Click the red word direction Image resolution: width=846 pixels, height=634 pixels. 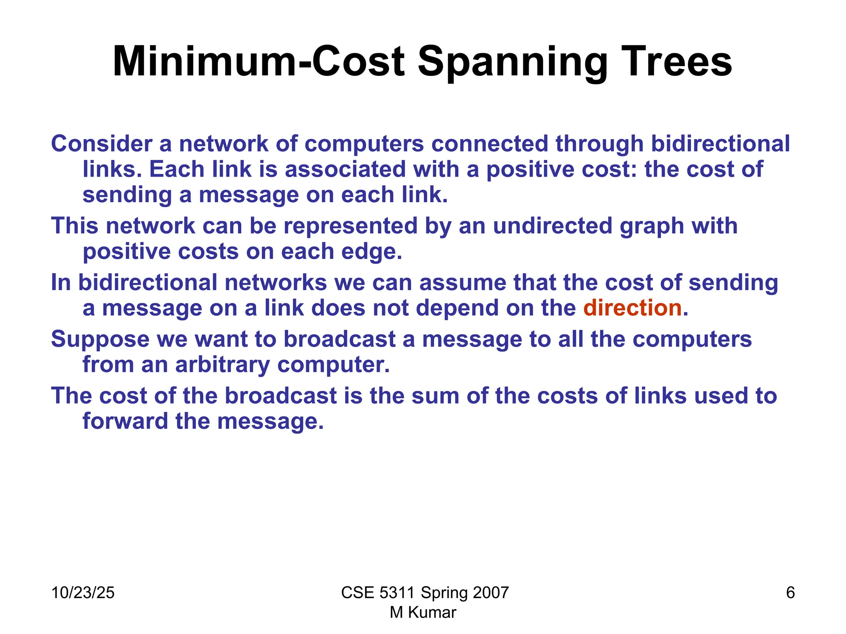click(x=632, y=308)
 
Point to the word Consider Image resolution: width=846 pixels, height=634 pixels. click(x=102, y=144)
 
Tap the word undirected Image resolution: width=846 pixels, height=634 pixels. click(x=552, y=226)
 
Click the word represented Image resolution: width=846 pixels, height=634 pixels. click(x=351, y=226)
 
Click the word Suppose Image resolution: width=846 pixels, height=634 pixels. click(x=100, y=340)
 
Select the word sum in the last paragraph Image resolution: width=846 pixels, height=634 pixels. click(x=435, y=396)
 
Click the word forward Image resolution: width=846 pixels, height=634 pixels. click(x=125, y=421)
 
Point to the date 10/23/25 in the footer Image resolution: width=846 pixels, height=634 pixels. click(x=83, y=593)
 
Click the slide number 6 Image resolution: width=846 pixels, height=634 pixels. click(x=790, y=593)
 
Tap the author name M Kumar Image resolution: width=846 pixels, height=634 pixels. click(x=423, y=613)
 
